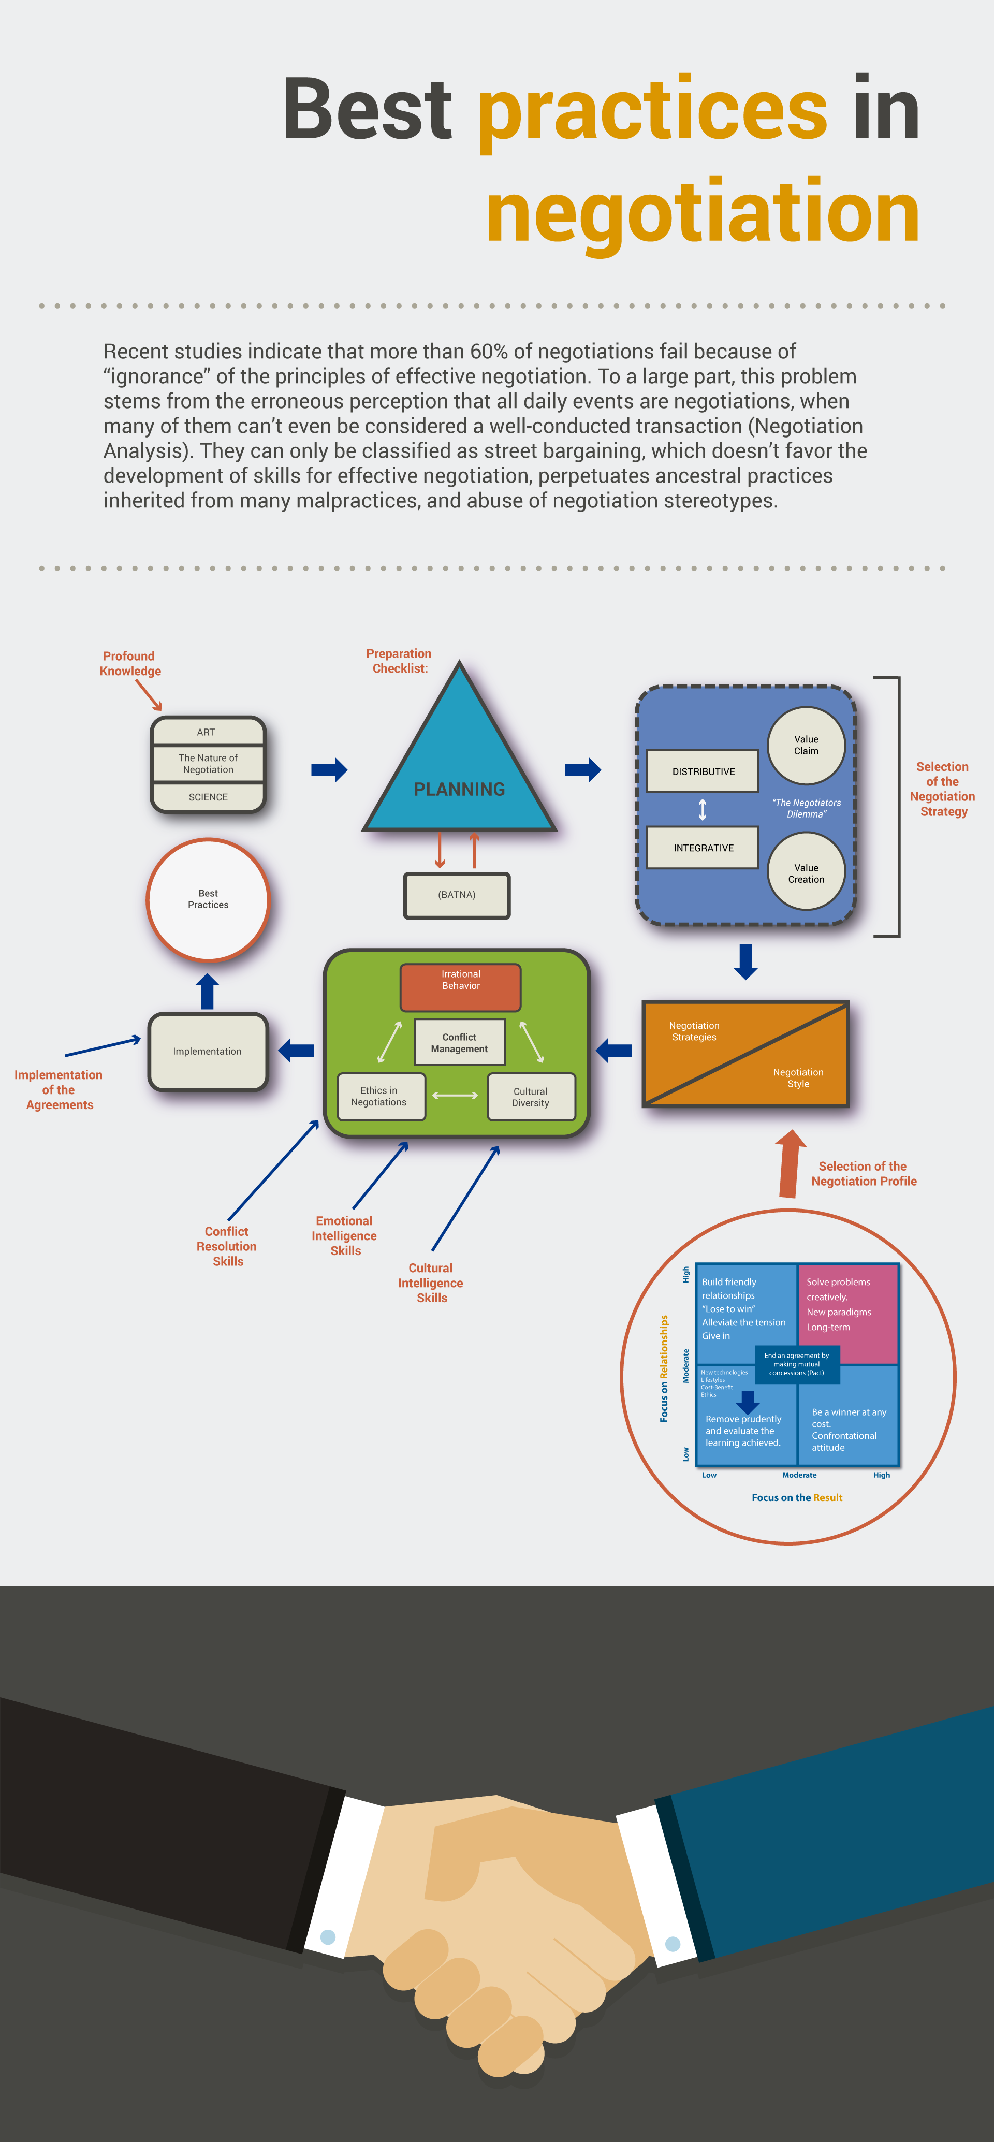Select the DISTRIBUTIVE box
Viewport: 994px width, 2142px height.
(x=703, y=771)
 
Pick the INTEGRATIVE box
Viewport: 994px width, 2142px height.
(x=703, y=847)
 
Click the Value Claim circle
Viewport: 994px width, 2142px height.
(x=806, y=745)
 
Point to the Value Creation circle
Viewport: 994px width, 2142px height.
(x=806, y=872)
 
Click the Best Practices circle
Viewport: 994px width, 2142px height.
(x=208, y=899)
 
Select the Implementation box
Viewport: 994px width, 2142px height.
(x=208, y=1051)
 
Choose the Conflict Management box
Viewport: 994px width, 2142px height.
(x=459, y=1042)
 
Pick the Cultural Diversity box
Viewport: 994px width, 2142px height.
(x=530, y=1097)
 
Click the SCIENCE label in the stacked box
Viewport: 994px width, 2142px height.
(x=208, y=797)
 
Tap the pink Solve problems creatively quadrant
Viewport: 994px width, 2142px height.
(x=847, y=1312)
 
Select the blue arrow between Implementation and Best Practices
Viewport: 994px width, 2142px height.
(x=207, y=991)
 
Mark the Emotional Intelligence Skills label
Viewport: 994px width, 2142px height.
(x=344, y=1235)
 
